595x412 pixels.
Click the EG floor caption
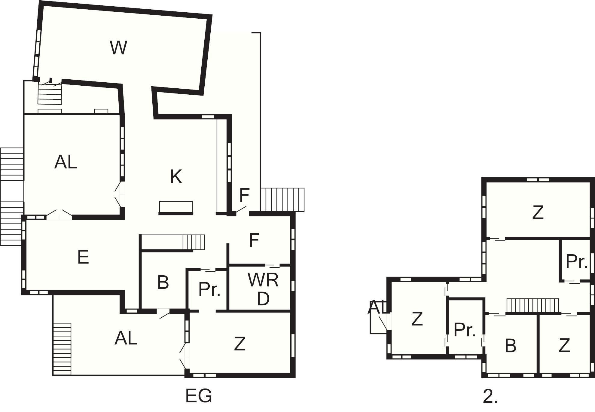point(199,396)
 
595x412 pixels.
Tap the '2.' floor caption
point(490,396)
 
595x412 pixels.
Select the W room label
point(118,47)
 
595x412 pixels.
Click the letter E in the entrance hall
point(83,257)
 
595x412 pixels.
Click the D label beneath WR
point(263,299)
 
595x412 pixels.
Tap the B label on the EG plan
point(163,282)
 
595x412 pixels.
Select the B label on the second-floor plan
point(511,346)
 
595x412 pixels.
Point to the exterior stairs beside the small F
point(282,200)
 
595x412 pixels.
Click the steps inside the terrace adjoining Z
point(62,349)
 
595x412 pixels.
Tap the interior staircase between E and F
point(194,242)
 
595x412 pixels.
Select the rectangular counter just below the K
point(176,207)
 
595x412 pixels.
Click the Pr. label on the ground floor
point(210,289)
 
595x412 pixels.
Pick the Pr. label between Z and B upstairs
point(465,330)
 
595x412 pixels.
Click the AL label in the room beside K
point(66,162)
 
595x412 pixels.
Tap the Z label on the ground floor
point(240,344)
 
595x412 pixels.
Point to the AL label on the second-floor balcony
point(376,307)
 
